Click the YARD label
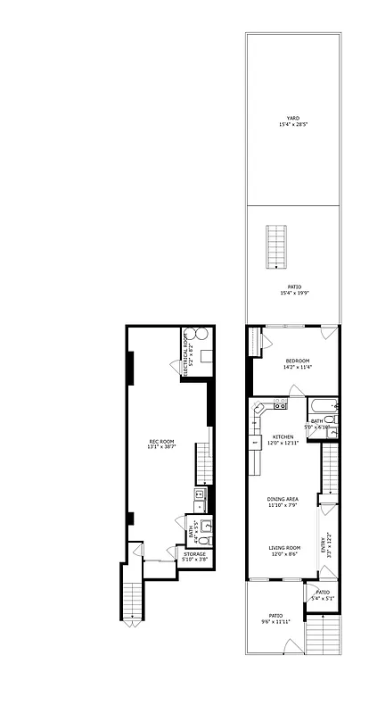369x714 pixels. click(287, 117)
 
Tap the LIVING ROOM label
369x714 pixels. click(285, 548)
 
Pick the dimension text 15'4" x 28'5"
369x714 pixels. click(287, 124)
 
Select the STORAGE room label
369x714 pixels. click(195, 554)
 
